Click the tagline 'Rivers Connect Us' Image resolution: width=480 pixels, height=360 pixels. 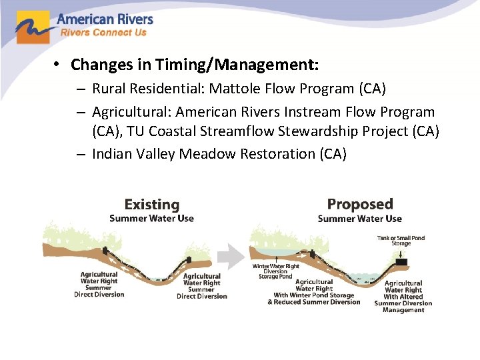pos(103,33)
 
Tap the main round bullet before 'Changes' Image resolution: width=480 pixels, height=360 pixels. pos(59,65)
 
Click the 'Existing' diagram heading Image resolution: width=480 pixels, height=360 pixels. pos(152,205)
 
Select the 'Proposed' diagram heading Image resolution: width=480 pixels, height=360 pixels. pos(360,204)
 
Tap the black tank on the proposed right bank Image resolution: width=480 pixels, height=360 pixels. pos(400,262)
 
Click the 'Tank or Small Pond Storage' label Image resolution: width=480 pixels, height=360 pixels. pos(401,241)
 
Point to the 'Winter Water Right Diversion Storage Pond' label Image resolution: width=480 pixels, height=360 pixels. pos(275,271)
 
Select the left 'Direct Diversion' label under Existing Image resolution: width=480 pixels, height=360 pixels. pos(99,295)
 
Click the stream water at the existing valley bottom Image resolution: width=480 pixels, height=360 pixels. pos(156,279)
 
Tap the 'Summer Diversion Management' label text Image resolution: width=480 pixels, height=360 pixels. pos(403,307)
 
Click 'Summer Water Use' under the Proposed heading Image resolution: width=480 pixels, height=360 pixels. pos(360,219)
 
